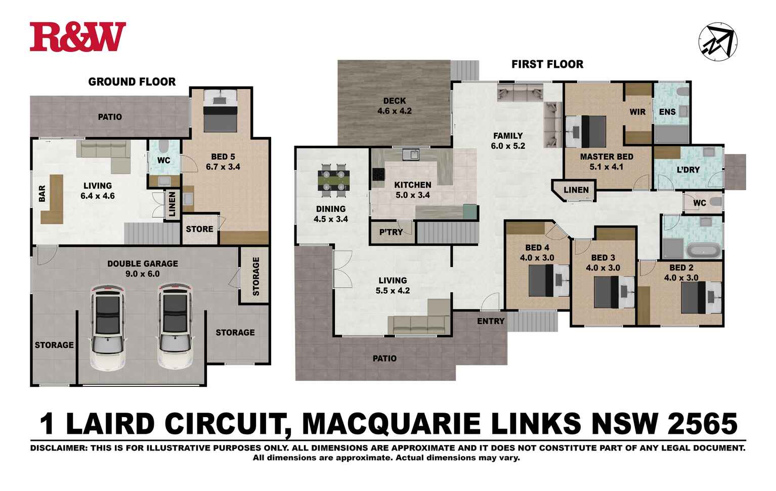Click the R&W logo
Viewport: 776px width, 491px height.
pos(77,37)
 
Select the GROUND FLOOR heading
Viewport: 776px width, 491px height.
pos(132,82)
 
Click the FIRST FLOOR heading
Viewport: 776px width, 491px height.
pos(547,64)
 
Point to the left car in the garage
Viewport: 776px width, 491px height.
pos(107,326)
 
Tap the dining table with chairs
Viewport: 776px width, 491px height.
pos(333,180)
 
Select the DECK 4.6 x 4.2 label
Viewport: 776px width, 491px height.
pos(394,106)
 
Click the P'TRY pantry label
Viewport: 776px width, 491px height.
pos(391,232)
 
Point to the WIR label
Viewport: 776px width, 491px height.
pos(637,112)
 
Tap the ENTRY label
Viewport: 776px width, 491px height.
pos(490,321)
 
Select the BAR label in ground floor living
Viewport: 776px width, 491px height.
pos(42,193)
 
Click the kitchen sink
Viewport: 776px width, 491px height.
pos(410,154)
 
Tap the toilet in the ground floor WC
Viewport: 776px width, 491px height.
pos(163,146)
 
